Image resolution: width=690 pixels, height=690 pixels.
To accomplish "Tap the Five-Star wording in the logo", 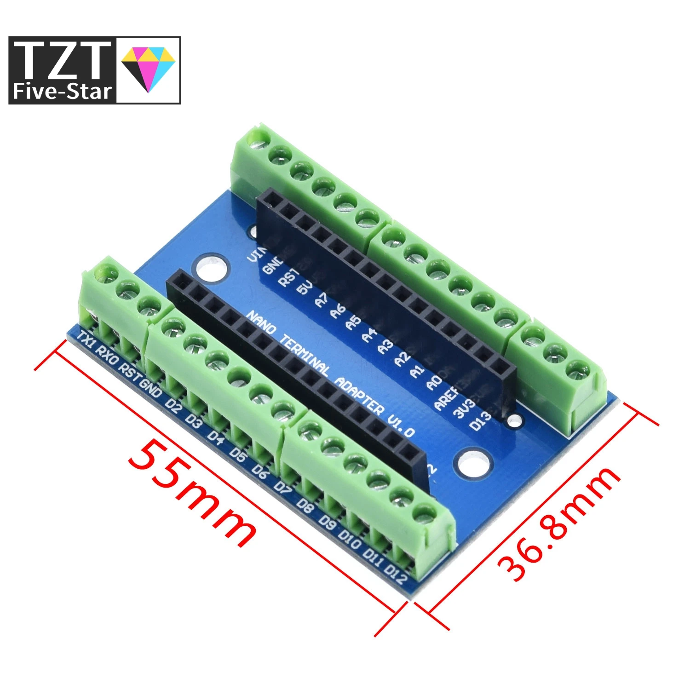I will click(62, 91).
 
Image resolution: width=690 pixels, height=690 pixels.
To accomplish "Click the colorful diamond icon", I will click(148, 69).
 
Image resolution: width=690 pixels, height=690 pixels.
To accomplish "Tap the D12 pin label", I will click(397, 575).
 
